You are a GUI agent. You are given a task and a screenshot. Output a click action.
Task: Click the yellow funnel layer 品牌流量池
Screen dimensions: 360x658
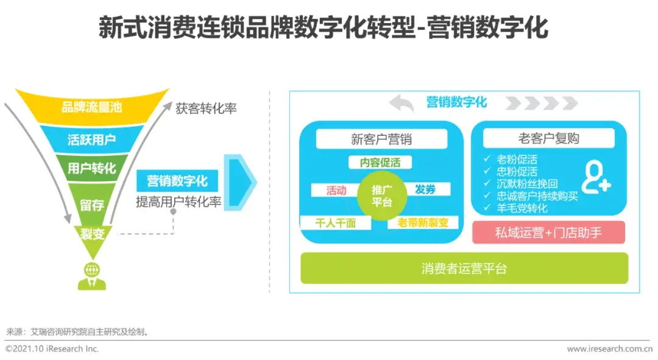pos(91,107)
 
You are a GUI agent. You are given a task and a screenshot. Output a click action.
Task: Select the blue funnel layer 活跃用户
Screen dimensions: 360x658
pos(91,139)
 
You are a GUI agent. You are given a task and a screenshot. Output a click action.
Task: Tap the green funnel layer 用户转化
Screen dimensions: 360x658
pos(91,168)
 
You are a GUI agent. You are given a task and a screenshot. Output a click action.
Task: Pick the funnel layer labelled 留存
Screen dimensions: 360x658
pos(91,205)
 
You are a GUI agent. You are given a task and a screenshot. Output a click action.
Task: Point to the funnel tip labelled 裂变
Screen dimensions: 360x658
pos(91,233)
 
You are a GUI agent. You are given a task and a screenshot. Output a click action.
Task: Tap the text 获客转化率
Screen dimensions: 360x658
pos(206,109)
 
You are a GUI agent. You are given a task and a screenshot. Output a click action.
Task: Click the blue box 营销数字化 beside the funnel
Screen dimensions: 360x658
pos(177,181)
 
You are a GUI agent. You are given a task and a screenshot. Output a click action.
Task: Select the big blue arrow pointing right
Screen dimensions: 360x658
pos(241,182)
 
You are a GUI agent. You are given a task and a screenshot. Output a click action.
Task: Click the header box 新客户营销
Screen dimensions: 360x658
pos(381,139)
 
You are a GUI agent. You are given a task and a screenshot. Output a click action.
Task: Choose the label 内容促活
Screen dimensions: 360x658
pos(381,163)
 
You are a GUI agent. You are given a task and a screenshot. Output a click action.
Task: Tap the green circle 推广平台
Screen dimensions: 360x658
pos(381,196)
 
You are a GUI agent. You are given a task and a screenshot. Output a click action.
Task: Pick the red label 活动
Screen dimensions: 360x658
pos(336,190)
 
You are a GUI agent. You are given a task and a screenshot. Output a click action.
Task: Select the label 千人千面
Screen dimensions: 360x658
pos(335,223)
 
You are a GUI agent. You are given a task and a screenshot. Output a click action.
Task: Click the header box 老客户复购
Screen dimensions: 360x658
pos(548,139)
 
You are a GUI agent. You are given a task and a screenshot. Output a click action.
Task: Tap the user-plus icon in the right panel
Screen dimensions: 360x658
pos(595,178)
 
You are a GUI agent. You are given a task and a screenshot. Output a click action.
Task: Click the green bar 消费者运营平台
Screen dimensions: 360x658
pos(464,269)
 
